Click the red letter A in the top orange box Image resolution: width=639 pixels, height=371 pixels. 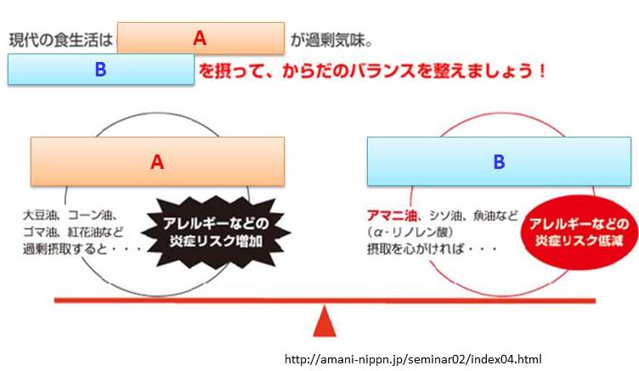[200, 38]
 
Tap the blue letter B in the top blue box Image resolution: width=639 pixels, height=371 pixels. [100, 70]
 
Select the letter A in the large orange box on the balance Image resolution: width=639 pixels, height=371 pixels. [157, 161]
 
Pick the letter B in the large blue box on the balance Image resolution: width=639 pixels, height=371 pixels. [500, 161]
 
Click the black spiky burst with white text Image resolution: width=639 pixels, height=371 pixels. [216, 233]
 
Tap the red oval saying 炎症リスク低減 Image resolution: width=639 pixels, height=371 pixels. [580, 233]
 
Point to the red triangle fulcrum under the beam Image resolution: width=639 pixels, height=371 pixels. [325, 321]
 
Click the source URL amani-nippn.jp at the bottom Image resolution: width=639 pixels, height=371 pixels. [413, 359]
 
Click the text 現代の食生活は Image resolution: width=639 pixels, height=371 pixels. [60, 40]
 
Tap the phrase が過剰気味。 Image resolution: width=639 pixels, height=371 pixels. [331, 40]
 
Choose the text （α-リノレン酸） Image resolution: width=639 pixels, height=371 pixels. [410, 232]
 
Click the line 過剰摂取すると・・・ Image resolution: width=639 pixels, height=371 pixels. [82, 249]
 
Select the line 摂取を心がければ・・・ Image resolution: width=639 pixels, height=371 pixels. [432, 249]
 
